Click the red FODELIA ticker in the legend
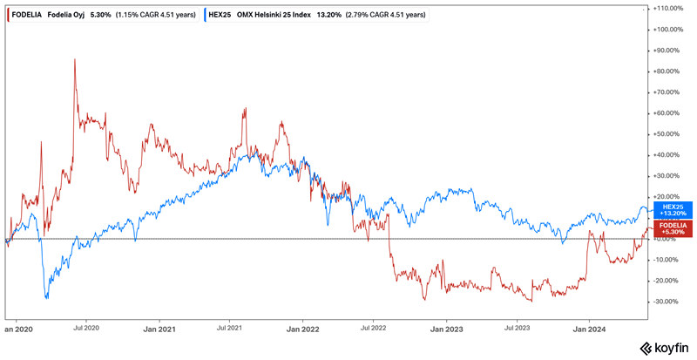coord(30,14)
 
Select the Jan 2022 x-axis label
coord(302,329)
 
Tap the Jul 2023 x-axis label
coord(518,329)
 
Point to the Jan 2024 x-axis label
coord(589,329)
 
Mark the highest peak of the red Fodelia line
coord(75,59)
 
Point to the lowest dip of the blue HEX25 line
coord(46,298)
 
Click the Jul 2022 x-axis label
coord(374,329)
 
